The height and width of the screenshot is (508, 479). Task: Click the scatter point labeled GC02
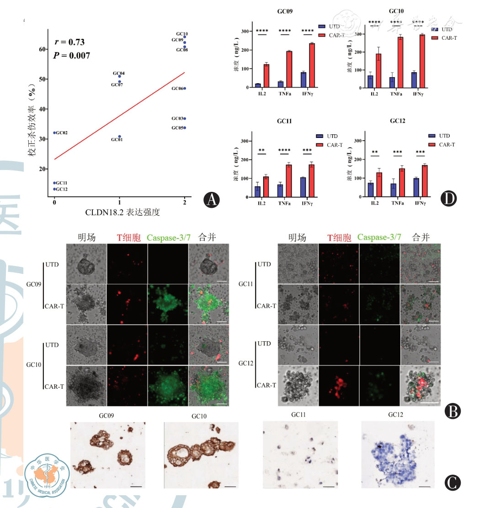click(x=55, y=133)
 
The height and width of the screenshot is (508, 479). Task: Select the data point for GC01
click(x=120, y=136)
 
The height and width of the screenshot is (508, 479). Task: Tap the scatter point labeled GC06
click(x=185, y=88)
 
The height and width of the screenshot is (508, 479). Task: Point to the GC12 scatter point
click(x=55, y=189)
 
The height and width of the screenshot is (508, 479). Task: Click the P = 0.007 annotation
click(x=72, y=55)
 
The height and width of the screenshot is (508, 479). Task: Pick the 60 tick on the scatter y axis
click(x=42, y=49)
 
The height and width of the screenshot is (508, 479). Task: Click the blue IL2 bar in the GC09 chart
click(x=258, y=85)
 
